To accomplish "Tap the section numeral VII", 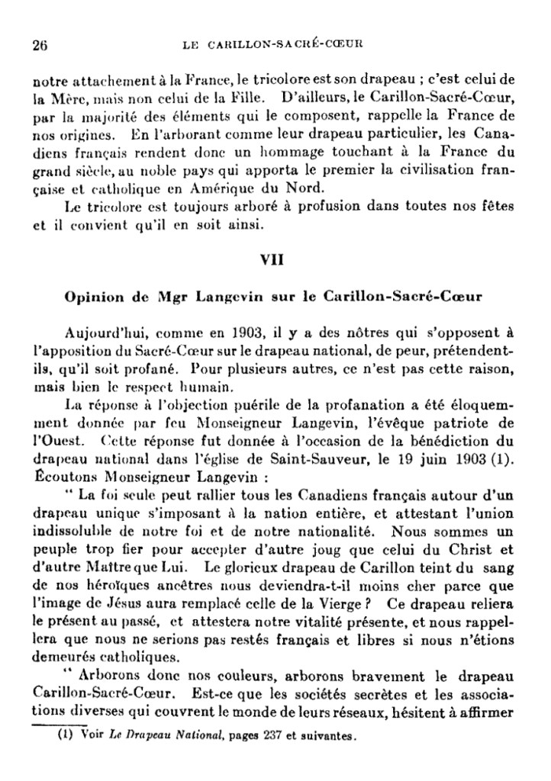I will point(272,259).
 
